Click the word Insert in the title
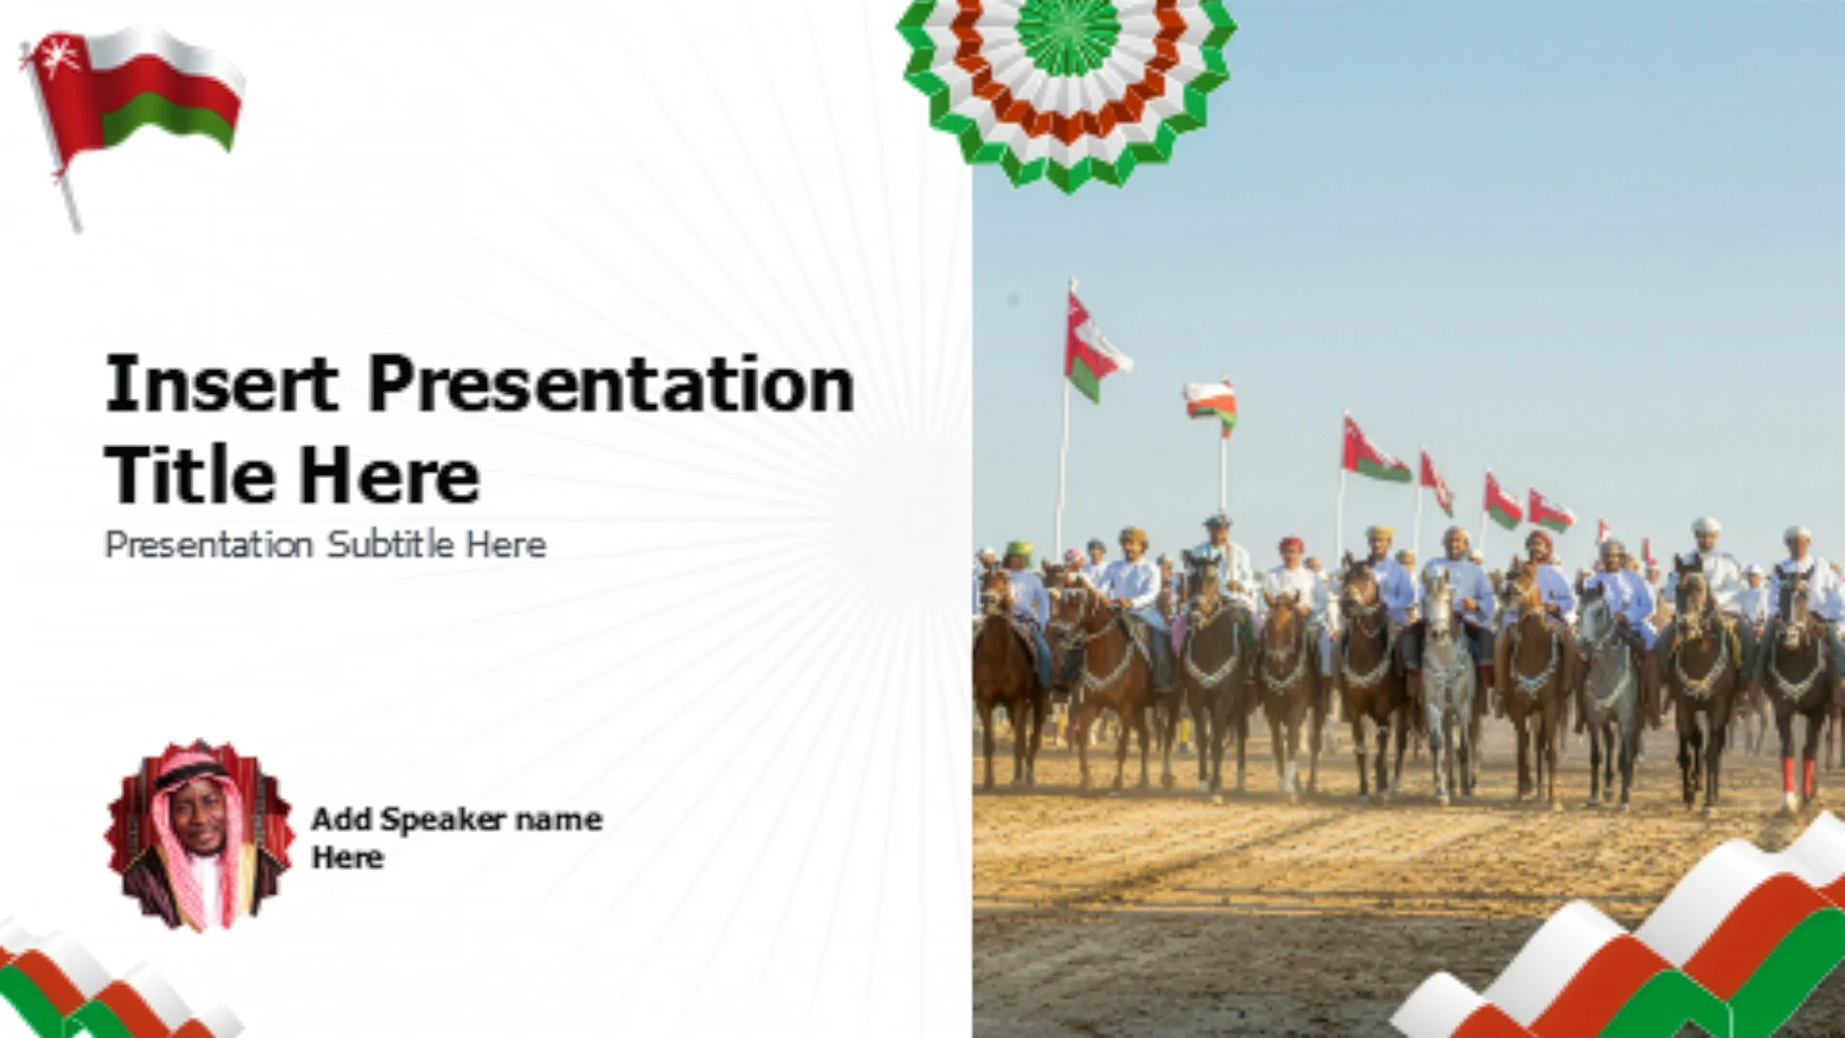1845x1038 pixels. [x=221, y=383]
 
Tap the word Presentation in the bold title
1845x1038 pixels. [x=611, y=383]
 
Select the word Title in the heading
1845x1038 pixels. [x=189, y=474]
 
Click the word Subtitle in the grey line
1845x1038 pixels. [x=390, y=544]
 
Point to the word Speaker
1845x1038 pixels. [x=443, y=819]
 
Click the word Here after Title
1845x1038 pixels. [x=388, y=474]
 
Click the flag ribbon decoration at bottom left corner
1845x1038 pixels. [x=106, y=985]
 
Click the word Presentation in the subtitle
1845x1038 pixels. [x=209, y=544]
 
